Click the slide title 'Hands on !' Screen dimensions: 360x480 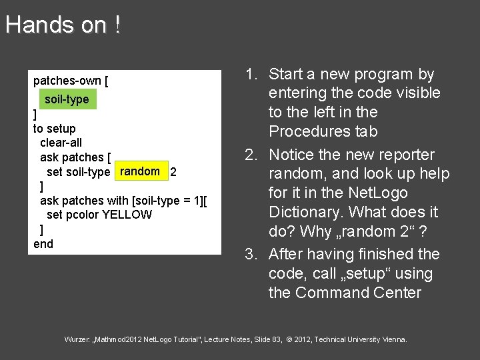63,25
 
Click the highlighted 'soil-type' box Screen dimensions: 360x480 67,99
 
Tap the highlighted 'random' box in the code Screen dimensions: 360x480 140,171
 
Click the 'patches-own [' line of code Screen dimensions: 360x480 71,81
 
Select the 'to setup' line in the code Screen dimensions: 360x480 55,128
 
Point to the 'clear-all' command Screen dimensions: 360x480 61,143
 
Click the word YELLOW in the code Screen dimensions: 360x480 127,215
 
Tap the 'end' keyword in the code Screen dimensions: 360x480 43,244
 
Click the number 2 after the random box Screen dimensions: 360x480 173,172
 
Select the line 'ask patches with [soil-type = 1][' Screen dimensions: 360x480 123,200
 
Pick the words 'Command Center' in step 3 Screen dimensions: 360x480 359,293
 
